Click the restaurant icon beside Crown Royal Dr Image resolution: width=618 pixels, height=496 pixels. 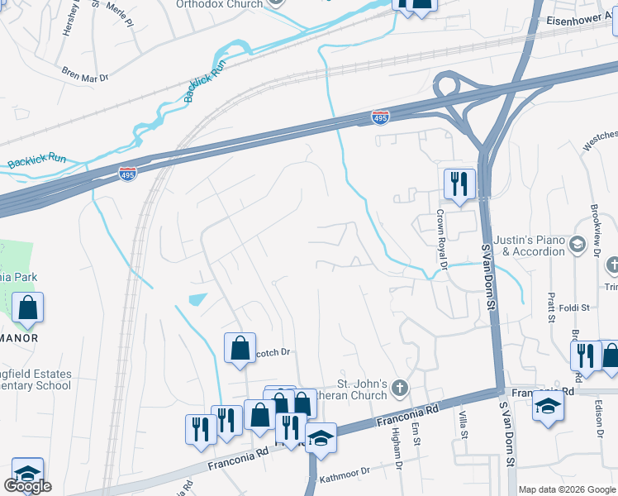459,184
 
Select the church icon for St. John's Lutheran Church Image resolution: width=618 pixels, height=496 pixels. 400,388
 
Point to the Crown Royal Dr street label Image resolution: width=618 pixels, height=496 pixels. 441,240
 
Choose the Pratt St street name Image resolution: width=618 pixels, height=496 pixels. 550,301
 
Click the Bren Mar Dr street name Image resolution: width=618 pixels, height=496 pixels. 85,76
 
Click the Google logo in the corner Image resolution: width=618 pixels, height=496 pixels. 27,486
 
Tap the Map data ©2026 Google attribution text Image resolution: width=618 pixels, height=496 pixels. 567,489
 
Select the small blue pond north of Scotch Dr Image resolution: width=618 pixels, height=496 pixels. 198,299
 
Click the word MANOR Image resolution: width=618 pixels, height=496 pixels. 21,338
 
